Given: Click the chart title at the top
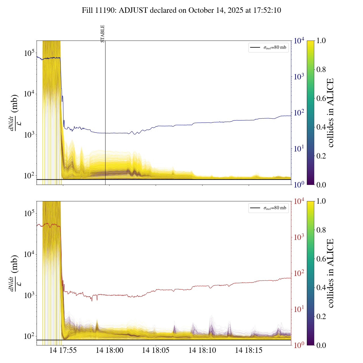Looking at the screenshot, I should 181,10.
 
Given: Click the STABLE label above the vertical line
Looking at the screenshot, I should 103,33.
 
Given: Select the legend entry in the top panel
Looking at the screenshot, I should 268,47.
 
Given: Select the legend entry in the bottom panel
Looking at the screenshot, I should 268,208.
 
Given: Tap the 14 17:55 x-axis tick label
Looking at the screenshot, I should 63,351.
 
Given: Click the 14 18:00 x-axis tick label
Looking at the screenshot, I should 109,351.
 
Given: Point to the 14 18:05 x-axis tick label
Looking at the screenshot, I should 156,351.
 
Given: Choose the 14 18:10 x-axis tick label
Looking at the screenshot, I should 202,351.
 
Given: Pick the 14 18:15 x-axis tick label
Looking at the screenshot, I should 249,351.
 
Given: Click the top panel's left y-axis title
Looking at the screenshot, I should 14,113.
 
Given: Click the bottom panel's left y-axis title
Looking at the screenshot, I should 14,273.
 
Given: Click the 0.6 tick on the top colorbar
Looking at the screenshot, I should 321,98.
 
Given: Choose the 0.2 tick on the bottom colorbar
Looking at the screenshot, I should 321,316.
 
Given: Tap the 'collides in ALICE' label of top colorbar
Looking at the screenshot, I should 330,113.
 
